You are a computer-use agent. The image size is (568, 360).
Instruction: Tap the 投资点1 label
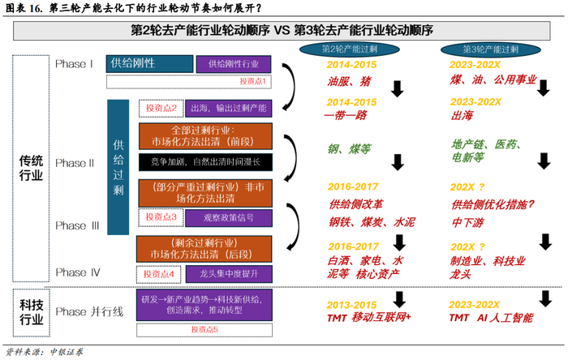click(252, 81)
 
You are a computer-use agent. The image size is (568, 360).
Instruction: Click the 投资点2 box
click(161, 108)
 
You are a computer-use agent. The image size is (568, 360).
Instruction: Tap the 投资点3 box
click(161, 217)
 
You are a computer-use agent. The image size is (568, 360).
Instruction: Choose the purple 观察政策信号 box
click(230, 217)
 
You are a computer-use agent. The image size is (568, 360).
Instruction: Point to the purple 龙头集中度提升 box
click(230, 274)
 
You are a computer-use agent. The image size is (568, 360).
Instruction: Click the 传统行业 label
click(31, 168)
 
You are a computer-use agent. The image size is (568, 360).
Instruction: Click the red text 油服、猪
click(350, 82)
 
